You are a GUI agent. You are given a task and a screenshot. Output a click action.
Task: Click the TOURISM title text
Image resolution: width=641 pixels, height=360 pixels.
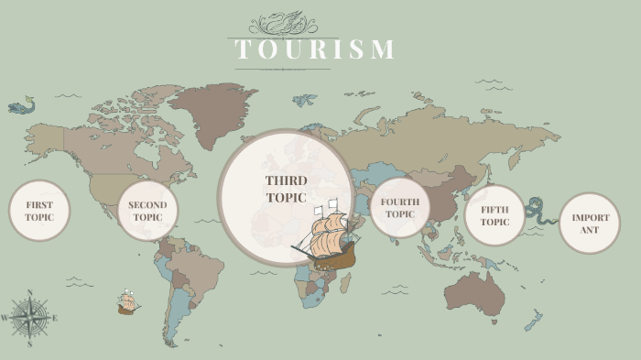pos(315,49)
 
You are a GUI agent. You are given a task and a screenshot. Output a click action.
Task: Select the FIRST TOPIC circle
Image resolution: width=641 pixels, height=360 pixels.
pos(39,211)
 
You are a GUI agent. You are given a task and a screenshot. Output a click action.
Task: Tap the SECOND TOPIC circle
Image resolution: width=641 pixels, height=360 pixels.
pos(147,211)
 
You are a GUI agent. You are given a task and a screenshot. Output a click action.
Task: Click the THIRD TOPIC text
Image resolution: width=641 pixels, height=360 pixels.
pos(287,189)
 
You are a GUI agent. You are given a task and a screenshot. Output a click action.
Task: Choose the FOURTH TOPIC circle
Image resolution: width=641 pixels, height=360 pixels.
pos(399,208)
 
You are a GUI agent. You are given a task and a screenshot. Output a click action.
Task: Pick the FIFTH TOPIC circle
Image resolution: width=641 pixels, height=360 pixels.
pos(494,215)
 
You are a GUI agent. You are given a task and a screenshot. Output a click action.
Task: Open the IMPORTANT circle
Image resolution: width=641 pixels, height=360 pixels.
pos(590,223)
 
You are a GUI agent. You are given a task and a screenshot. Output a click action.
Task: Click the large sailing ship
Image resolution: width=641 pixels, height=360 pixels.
pos(325,238)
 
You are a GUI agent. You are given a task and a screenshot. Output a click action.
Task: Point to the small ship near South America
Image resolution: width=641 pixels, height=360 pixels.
pos(127,302)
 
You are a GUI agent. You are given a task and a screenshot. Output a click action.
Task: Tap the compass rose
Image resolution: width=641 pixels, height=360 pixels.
pos(30,318)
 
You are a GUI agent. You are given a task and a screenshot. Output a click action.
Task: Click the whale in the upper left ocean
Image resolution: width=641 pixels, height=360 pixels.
pos(20,106)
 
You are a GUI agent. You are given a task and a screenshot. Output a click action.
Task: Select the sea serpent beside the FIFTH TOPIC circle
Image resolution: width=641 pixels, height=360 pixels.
pos(542,212)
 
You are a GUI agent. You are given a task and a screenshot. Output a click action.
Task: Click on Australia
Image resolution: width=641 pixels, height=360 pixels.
pos(474,290)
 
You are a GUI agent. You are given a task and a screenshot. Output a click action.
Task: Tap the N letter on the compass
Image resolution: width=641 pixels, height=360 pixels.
pos(30,292)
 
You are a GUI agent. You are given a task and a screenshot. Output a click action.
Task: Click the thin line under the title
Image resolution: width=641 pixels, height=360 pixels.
pos(282,69)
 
